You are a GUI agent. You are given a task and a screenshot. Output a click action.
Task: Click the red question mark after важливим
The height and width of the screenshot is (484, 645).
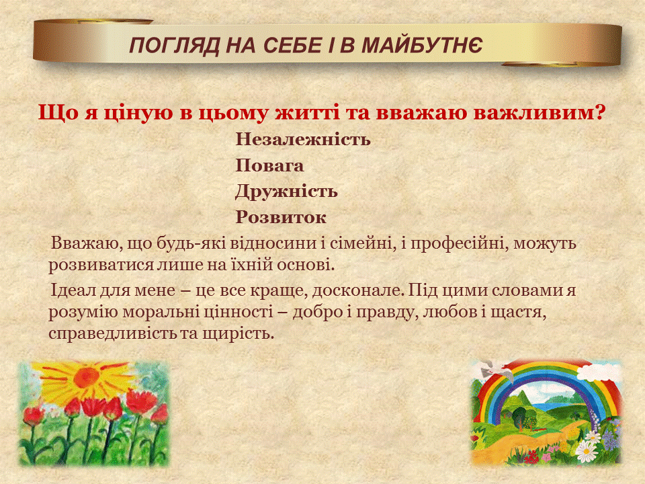(601, 112)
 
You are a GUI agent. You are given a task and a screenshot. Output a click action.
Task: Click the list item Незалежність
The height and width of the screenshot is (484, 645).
(303, 140)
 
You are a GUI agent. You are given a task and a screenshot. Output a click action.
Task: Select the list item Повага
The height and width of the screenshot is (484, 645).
(269, 166)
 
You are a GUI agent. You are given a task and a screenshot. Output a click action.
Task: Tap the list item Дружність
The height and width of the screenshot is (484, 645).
(286, 192)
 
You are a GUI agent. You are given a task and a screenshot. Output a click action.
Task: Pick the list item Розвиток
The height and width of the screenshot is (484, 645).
(281, 218)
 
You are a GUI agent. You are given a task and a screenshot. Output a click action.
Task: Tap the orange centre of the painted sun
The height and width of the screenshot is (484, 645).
(87, 377)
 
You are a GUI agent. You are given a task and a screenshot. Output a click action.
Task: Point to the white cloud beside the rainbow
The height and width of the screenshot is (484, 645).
(598, 372)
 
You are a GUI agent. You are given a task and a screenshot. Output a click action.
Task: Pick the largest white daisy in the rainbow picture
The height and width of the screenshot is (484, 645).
(586, 451)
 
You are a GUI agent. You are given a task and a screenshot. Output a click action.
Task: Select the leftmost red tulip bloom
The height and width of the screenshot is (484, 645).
(33, 416)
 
